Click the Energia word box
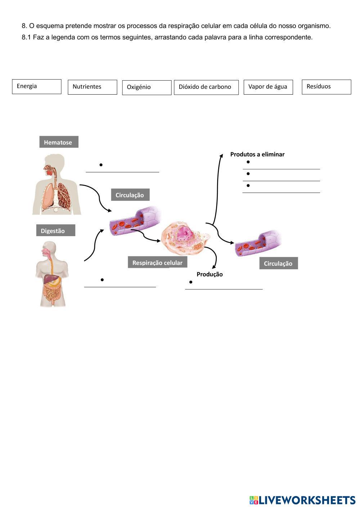click(x=36, y=87)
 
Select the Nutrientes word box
click(x=92, y=87)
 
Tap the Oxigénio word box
click(x=147, y=87)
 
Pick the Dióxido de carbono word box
click(x=206, y=87)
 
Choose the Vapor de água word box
click(x=268, y=87)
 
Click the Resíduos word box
click(x=326, y=87)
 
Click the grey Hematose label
click(x=58, y=142)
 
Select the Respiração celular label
click(x=157, y=263)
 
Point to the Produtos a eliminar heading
click(x=257, y=154)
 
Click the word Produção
click(x=210, y=274)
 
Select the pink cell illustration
click(x=185, y=238)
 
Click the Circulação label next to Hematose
click(x=130, y=195)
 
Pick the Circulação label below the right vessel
click(x=278, y=263)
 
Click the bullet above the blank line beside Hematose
click(x=101, y=165)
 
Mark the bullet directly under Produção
click(x=191, y=282)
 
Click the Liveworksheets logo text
click(x=302, y=500)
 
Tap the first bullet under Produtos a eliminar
click(x=248, y=162)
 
